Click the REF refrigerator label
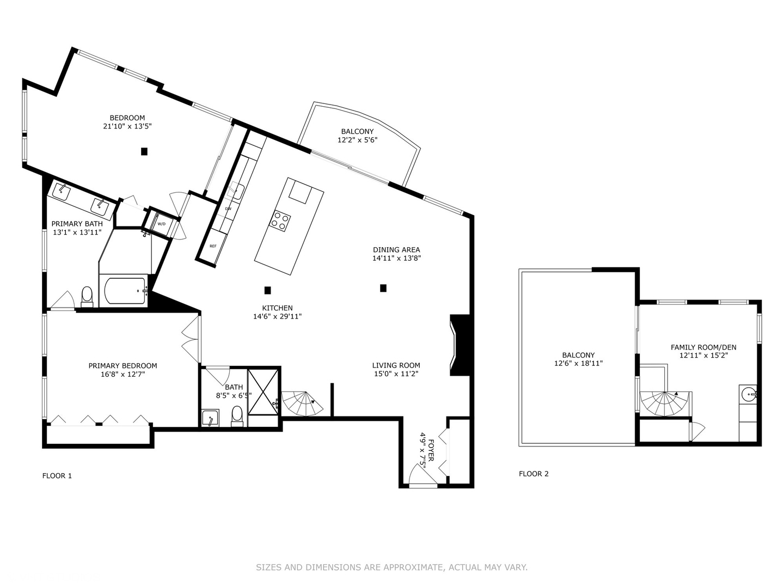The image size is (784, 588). [x=213, y=246]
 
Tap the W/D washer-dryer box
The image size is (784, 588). [x=162, y=224]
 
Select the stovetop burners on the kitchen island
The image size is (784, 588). [x=281, y=220]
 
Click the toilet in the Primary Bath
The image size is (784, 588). [x=87, y=296]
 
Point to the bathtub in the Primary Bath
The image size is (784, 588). [x=125, y=291]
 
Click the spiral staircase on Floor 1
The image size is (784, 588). [x=301, y=403]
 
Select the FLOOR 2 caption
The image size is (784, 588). [x=534, y=474]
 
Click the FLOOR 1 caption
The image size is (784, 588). [x=57, y=476]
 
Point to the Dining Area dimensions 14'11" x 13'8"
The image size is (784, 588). [x=396, y=259]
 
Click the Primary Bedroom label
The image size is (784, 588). [x=122, y=366]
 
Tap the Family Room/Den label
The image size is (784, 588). [x=703, y=347]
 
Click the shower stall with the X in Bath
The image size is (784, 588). [x=264, y=392]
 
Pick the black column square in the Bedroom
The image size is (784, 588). [x=144, y=151]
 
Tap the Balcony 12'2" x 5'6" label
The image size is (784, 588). [x=357, y=136]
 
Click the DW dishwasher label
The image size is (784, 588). [x=228, y=209]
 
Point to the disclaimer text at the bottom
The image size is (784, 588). [x=391, y=567]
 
